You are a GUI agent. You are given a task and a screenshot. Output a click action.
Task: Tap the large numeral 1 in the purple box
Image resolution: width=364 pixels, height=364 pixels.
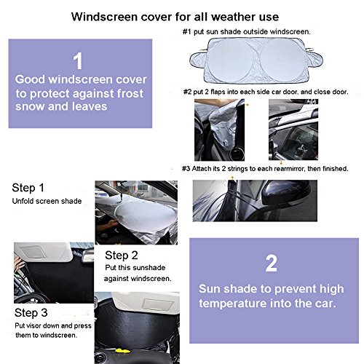pos(78,60)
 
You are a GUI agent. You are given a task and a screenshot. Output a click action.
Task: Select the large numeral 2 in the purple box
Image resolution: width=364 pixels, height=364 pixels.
pos(271,264)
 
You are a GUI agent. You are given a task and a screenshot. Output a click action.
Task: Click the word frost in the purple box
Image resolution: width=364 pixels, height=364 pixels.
pos(130,93)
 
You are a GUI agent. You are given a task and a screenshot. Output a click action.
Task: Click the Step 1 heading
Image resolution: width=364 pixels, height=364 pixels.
pos(28,188)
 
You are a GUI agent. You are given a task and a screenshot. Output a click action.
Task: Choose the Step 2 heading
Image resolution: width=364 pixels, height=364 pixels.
pos(122,256)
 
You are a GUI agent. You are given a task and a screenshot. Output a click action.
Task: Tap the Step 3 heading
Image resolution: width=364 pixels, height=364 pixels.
pos(31,313)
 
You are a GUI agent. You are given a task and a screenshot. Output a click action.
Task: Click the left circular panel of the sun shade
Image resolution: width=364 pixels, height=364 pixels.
pos(231,60)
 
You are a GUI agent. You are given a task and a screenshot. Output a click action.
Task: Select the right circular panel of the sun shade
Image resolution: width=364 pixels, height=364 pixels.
pos(282,60)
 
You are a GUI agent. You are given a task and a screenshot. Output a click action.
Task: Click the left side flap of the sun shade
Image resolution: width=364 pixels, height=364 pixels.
pos(197,59)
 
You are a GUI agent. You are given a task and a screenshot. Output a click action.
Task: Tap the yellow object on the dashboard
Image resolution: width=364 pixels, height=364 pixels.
pos(122,351)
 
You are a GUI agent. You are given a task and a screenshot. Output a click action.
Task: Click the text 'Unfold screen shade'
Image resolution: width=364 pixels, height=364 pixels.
pos(47,201)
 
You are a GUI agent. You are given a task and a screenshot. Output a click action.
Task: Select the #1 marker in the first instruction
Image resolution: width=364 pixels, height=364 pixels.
pos(187,32)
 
